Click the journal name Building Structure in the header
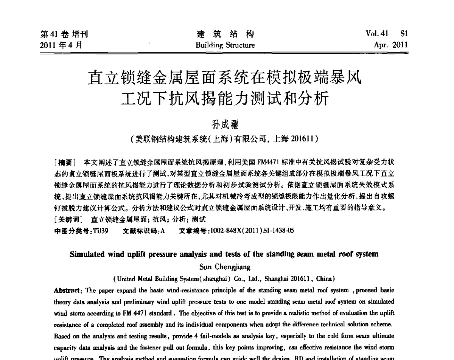point(225,45)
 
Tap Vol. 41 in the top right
point(377,34)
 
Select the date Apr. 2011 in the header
point(390,45)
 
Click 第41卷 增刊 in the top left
point(64,34)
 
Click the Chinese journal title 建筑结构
point(225,34)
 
